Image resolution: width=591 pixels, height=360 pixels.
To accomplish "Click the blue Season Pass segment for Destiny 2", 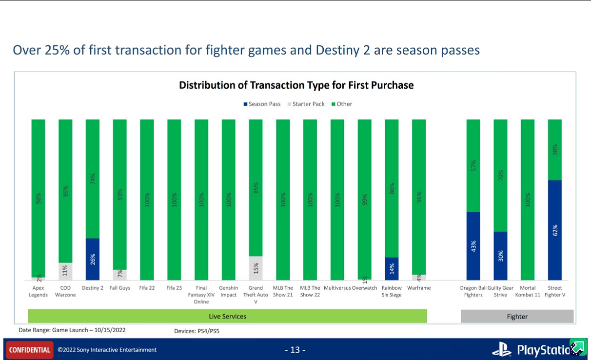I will (x=93, y=259).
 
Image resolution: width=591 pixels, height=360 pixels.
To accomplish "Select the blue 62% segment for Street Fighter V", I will (x=554, y=230).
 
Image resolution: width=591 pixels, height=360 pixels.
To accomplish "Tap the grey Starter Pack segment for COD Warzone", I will (x=65, y=271).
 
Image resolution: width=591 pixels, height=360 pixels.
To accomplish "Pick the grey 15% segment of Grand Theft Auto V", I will (x=256, y=268).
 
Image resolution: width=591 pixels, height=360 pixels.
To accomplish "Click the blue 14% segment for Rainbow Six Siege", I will (x=392, y=268).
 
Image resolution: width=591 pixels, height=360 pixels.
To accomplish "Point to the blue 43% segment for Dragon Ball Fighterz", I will (x=473, y=246).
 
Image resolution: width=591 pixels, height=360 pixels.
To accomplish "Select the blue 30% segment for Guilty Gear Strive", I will (x=500, y=256).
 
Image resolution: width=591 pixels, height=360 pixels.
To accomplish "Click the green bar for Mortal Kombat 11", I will (x=528, y=200).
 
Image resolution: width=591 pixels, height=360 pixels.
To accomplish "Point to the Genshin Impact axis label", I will (x=228, y=291).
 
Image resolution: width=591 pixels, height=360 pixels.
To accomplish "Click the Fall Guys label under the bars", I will (x=119, y=288).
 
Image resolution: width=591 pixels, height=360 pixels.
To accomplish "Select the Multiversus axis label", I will (x=337, y=288).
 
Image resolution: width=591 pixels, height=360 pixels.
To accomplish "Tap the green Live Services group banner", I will (x=227, y=317).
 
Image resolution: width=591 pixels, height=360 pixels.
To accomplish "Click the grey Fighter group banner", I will (x=517, y=317).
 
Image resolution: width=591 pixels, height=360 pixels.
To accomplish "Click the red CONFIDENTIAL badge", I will (x=30, y=350).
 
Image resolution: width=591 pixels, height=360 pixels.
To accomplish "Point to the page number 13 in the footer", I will (x=295, y=350).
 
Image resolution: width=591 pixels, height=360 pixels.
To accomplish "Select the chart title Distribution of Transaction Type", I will (x=296, y=85).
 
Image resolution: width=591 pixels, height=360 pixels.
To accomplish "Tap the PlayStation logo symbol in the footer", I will (x=501, y=349).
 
